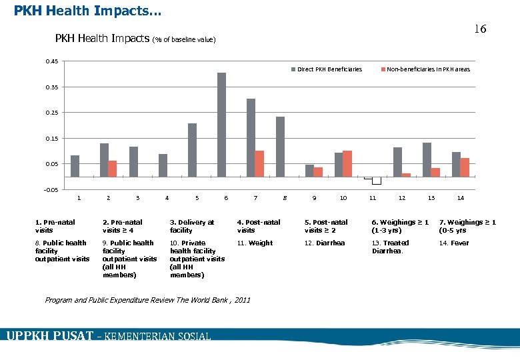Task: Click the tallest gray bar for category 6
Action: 221,125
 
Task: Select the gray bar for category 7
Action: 251,138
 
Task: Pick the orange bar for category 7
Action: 259,164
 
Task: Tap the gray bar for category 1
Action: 75,166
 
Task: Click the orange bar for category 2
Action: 113,169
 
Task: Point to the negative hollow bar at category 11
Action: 376,181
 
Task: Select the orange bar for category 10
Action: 347,164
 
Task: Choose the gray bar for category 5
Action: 192,150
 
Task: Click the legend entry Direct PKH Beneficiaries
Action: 327,69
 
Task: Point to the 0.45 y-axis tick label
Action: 51,62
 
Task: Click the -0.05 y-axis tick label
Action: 51,190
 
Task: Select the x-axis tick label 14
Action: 460,198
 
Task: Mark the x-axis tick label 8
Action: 285,198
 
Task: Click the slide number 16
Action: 480,29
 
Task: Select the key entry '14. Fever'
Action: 454,243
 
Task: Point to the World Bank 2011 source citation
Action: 147,300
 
